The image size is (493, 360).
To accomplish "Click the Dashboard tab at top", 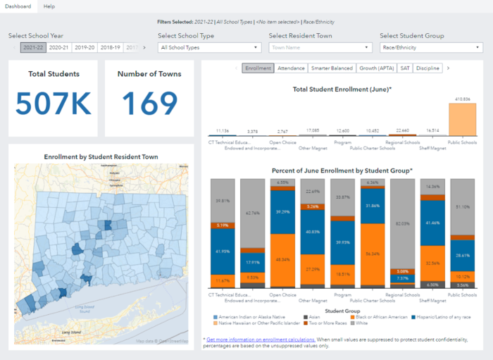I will click(18, 6).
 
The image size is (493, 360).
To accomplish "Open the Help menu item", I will click(49, 6).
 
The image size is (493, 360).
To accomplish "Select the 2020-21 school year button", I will click(58, 47).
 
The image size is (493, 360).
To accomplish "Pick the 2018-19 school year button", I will click(110, 47).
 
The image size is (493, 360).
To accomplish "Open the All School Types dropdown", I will click(209, 48).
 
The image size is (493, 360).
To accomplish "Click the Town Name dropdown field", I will click(320, 48).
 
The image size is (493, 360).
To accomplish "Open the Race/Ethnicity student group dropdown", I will click(430, 48).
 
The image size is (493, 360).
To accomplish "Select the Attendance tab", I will click(292, 68).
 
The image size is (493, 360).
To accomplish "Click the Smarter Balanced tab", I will click(332, 68).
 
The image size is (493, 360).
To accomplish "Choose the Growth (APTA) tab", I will click(377, 68).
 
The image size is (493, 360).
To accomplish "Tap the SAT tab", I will click(405, 68).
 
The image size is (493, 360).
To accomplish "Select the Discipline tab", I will click(428, 68).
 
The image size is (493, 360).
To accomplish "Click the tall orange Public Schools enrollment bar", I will click(462, 119).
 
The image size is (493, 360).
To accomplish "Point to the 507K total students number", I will click(54, 104).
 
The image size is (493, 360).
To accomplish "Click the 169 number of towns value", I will click(149, 104).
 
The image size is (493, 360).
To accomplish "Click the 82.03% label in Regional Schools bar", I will click(404, 223).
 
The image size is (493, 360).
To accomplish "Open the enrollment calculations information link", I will click(261, 339).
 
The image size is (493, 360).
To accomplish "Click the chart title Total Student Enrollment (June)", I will click(342, 89).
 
